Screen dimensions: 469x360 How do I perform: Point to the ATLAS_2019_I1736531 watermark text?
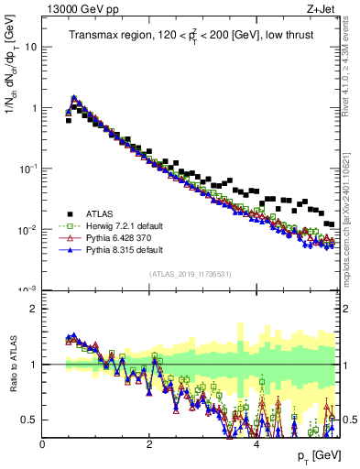coord(191,275)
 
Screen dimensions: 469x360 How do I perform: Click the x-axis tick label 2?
coord(150,444)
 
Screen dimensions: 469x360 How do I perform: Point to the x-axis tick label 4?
coord(257,444)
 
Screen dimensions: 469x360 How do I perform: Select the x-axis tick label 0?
coord(43,444)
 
